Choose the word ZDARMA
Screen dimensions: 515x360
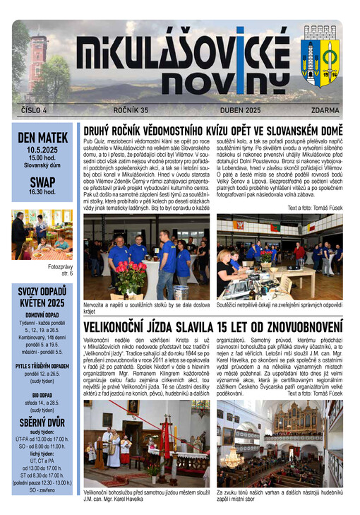[325, 110]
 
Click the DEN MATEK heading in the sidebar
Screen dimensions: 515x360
[42, 138]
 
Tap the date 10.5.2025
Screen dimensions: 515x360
[42, 150]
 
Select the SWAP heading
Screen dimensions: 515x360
[42, 181]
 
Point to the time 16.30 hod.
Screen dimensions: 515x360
[42, 192]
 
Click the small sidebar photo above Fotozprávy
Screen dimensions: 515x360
[42, 235]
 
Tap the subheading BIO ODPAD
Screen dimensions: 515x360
[42, 395]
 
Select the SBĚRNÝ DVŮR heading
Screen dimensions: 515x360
[42, 422]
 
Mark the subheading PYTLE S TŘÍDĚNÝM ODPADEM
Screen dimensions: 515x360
[42, 366]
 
